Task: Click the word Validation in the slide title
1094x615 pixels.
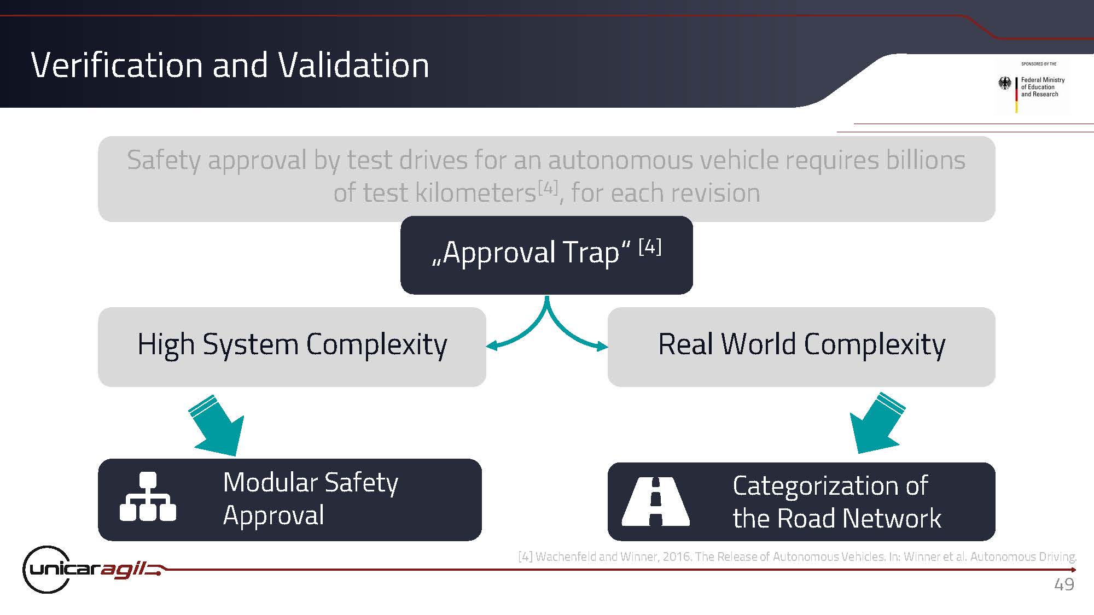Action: [353, 65]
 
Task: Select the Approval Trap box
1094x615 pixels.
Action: [546, 255]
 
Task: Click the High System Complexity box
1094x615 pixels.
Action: [292, 347]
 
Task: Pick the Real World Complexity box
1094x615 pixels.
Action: [801, 347]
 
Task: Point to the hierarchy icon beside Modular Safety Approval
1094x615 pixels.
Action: [148, 496]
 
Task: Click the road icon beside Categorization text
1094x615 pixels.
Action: [656, 501]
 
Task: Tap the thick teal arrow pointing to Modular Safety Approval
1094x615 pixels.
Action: [217, 425]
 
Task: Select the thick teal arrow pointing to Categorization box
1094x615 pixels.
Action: [877, 423]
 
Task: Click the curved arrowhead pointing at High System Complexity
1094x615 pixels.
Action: [492, 345]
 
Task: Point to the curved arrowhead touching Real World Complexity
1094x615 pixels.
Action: [602, 345]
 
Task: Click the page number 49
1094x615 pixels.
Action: [1064, 584]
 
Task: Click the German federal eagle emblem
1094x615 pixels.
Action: [1005, 84]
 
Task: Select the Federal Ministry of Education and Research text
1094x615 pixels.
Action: [1043, 87]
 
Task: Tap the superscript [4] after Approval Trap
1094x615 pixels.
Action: [650, 247]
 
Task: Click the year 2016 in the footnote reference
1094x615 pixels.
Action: [677, 557]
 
